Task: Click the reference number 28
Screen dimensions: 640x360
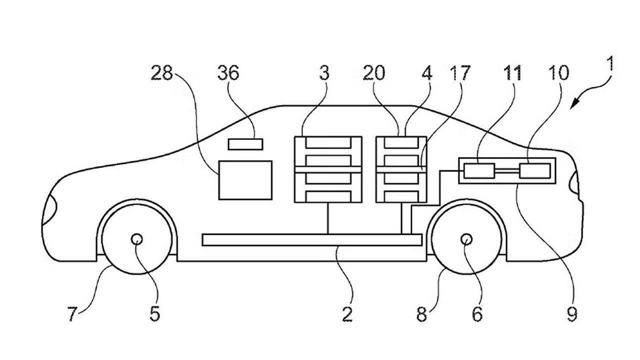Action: pos(162,72)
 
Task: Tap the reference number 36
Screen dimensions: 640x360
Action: pos(228,72)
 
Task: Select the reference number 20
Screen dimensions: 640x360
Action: pos(373,72)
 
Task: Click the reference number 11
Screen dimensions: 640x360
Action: pos(512,72)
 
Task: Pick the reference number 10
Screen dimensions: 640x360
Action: pos(559,72)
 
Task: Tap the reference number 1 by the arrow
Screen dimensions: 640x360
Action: pos(610,63)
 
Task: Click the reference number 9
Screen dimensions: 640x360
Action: pos(572,314)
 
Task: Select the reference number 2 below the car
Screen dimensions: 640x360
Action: pos(347,314)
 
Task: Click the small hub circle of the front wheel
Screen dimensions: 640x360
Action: pos(137,239)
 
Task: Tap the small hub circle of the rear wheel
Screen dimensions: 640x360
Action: pos(466,239)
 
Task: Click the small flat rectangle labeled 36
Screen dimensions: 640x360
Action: pos(245,144)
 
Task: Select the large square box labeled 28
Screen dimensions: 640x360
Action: pos(245,180)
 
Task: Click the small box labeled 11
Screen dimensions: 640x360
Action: pos(479,171)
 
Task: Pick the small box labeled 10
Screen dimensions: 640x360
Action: pos(535,171)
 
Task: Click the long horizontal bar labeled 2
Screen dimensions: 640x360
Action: pos(312,240)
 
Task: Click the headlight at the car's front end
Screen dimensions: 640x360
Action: pos(49,209)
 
